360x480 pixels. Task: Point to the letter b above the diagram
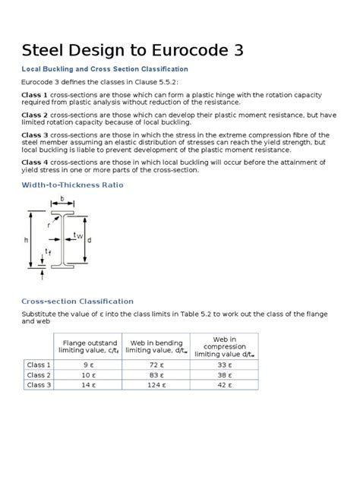pos(62,200)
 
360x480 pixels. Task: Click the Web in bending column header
pos(153,346)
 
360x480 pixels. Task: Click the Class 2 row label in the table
pos(39,375)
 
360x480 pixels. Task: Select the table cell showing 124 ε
pos(153,386)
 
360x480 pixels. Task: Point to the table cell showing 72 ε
pos(153,365)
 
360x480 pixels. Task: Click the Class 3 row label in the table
pos(39,386)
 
